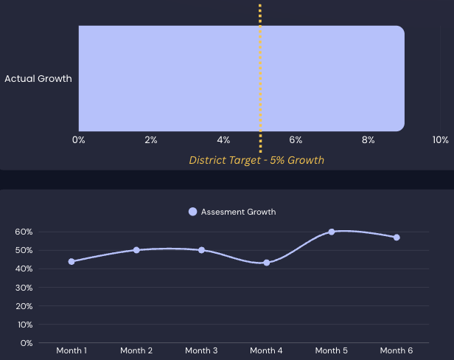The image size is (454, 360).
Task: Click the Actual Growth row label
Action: (x=38, y=79)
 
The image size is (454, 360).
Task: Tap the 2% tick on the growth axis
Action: (x=151, y=140)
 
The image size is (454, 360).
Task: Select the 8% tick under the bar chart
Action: (x=369, y=140)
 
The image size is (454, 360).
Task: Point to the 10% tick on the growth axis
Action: (x=440, y=140)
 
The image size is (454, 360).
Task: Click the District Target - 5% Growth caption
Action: (x=256, y=159)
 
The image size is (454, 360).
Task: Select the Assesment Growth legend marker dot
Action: (x=193, y=212)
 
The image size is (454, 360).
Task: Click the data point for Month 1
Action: (x=71, y=261)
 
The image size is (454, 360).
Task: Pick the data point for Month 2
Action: (x=136, y=250)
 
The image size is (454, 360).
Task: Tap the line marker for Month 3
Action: (x=201, y=250)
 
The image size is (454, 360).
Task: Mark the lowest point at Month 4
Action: (x=266, y=263)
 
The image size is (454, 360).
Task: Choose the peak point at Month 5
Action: (x=332, y=232)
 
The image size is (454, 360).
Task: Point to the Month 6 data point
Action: (x=397, y=238)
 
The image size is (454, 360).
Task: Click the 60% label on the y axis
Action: (x=24, y=232)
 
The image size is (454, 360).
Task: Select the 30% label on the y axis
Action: (x=24, y=287)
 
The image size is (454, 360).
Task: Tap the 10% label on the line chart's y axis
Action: (x=24, y=325)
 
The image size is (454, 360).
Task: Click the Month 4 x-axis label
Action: (x=266, y=350)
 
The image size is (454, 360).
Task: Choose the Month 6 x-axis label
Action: (x=397, y=350)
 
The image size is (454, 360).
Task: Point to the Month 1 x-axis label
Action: (x=71, y=350)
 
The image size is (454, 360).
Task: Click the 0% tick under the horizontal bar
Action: (x=79, y=140)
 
